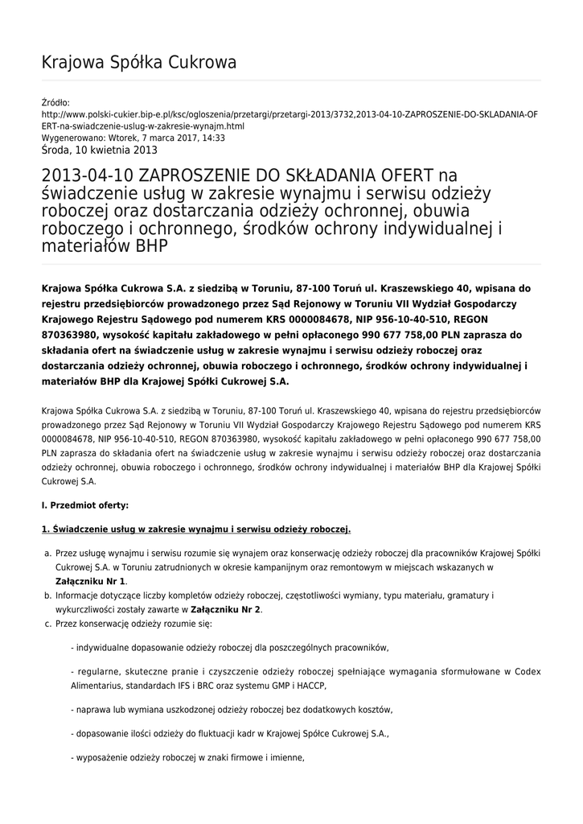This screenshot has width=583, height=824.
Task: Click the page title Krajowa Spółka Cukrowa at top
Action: tap(138, 62)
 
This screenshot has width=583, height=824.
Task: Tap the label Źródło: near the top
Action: tap(55, 103)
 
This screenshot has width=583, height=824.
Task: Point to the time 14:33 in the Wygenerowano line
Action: tap(214, 138)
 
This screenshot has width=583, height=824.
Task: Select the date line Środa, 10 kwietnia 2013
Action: tap(99, 150)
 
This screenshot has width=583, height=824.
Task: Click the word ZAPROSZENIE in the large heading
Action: tap(197, 176)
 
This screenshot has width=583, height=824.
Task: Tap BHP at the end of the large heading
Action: tap(151, 246)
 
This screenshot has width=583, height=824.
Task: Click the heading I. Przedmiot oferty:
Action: tap(84, 505)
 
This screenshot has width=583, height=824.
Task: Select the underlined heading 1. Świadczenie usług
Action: tap(195, 529)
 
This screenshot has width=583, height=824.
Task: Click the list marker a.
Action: tap(47, 554)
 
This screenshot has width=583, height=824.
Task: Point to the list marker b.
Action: tap(47, 595)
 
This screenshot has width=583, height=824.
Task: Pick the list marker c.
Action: tap(47, 623)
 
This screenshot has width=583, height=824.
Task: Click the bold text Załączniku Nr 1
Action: tap(91, 581)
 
